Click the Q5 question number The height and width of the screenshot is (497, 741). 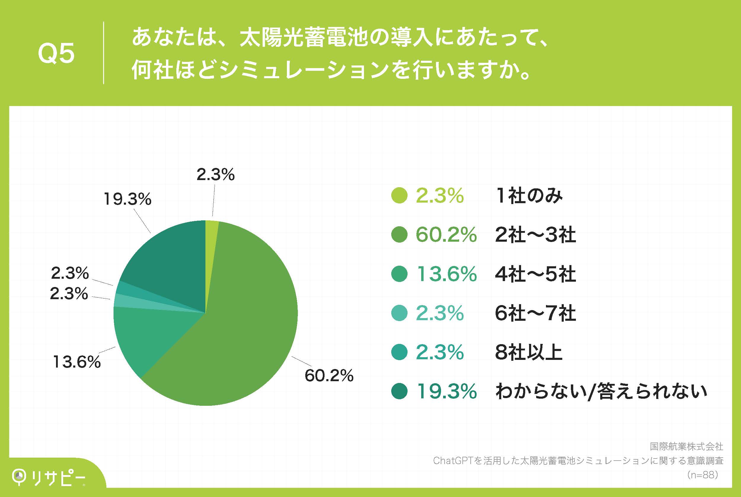[x=56, y=53]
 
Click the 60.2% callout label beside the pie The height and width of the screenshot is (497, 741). [x=329, y=376]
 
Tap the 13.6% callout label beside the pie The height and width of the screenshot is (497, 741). [x=76, y=362]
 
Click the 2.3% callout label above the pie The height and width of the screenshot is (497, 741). [x=215, y=175]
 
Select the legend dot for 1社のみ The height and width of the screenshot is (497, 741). [x=399, y=195]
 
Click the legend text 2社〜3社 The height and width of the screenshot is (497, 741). [x=535, y=235]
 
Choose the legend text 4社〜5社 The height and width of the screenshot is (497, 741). [x=535, y=274]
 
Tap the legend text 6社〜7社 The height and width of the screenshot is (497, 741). [x=535, y=313]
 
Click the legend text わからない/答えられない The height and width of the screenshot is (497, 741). [x=601, y=392]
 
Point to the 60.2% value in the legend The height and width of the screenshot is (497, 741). [x=446, y=235]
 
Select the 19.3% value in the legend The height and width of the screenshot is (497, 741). [x=446, y=392]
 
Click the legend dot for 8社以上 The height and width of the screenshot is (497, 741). [x=399, y=352]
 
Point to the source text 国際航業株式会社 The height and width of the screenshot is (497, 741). [x=686, y=447]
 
